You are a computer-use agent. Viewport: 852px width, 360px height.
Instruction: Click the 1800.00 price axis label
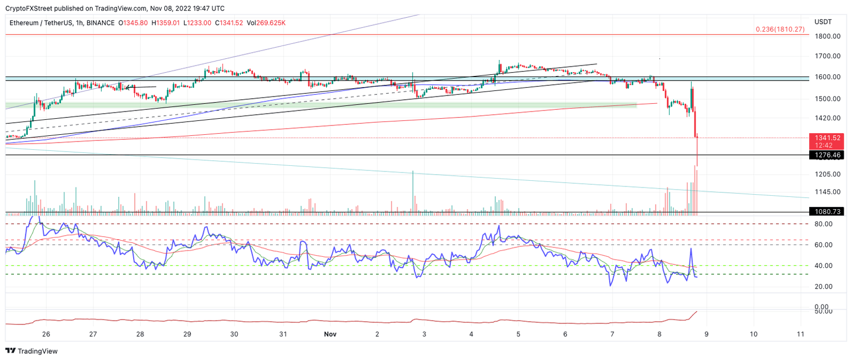click(x=825, y=37)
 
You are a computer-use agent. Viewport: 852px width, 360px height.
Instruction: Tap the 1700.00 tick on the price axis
click(x=825, y=57)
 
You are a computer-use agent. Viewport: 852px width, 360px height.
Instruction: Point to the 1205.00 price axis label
click(x=825, y=174)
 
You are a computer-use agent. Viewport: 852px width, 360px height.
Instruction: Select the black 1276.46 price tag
click(x=826, y=155)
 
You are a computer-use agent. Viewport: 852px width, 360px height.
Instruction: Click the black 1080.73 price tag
click(x=826, y=211)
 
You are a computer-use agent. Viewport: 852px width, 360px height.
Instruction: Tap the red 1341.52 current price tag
click(x=826, y=138)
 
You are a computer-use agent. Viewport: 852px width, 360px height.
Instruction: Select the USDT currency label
click(x=823, y=22)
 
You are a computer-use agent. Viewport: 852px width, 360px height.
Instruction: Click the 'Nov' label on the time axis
click(x=330, y=334)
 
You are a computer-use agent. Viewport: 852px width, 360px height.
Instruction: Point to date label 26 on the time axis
click(x=46, y=334)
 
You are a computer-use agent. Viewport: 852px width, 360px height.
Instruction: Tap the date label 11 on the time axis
click(x=800, y=334)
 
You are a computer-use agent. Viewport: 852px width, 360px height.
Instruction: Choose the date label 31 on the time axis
click(x=283, y=334)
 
